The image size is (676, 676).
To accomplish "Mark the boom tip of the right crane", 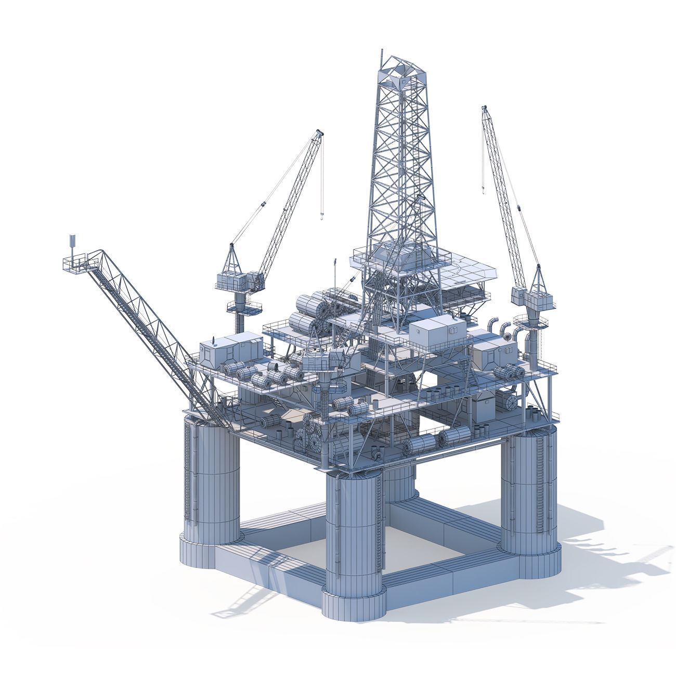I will (x=485, y=109).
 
